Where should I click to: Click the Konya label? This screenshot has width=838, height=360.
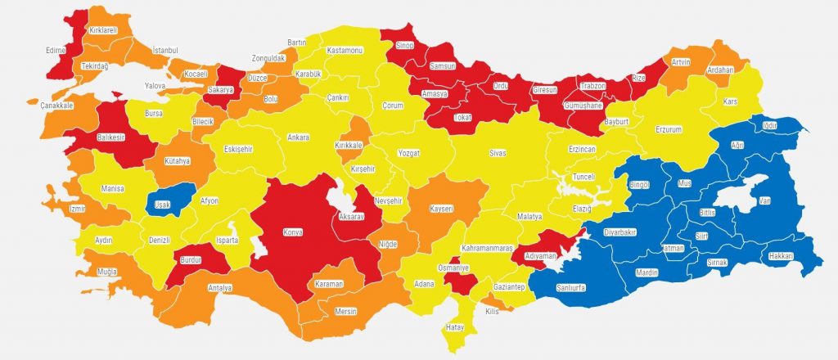pos(292,232)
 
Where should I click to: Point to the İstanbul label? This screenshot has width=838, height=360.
pos(164,51)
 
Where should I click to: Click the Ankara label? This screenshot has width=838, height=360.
pos(298,137)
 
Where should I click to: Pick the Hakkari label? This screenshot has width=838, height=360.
pos(781,256)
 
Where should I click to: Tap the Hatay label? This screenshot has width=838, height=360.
pos(454,327)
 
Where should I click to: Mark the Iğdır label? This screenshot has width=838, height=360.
pos(768,125)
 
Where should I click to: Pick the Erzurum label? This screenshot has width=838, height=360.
pos(669,128)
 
